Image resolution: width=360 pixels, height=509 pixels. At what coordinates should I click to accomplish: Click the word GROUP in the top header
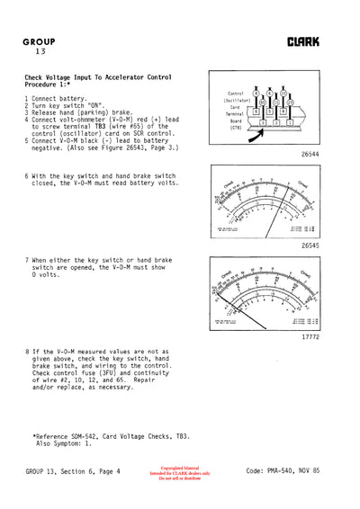[x=40, y=42]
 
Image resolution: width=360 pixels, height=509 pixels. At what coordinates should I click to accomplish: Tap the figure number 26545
[x=311, y=244]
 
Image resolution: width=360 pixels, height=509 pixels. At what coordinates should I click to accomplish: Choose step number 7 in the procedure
[x=27, y=260]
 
